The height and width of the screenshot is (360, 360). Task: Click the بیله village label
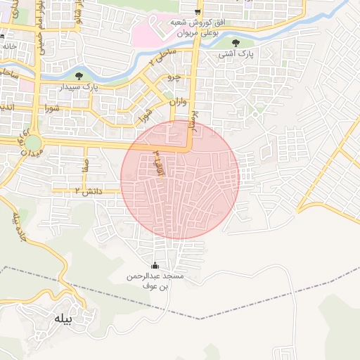[x=63, y=319]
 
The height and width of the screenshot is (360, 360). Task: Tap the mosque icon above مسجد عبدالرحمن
[x=155, y=266]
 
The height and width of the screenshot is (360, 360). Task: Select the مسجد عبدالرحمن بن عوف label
[x=155, y=281]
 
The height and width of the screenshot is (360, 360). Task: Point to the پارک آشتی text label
[x=236, y=53]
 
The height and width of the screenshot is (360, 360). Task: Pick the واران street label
[x=179, y=103]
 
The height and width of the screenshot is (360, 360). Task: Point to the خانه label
[x=8, y=46]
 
